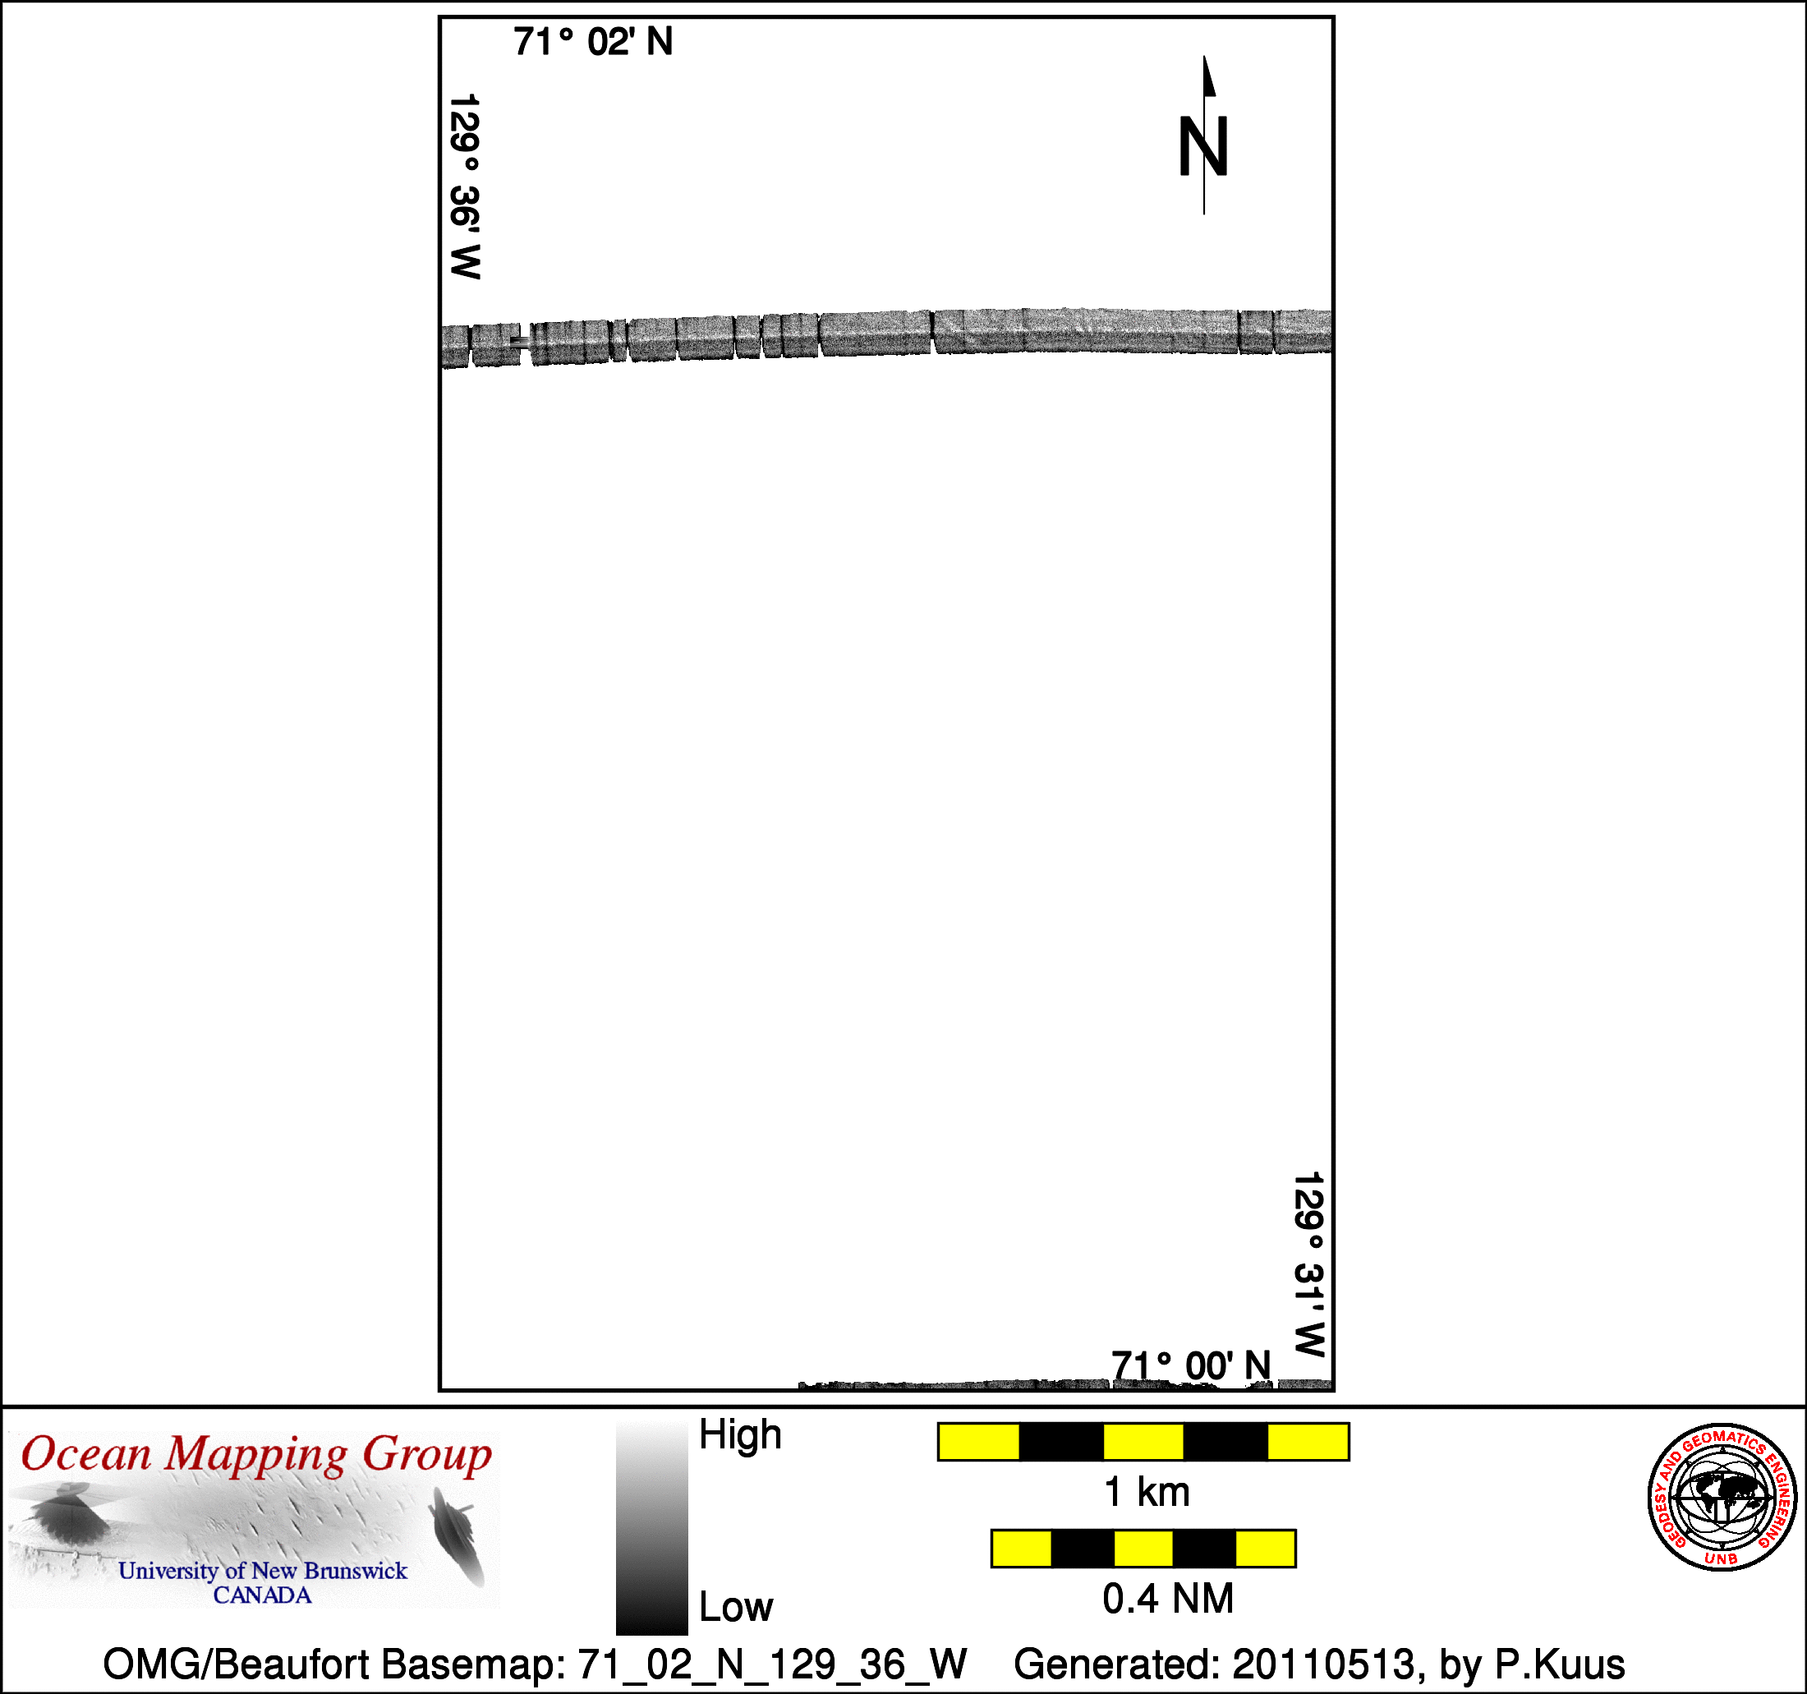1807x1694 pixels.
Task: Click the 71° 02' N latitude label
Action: (x=593, y=42)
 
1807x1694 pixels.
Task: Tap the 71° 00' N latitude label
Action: (x=1191, y=1365)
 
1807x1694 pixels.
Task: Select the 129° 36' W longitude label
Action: (x=466, y=186)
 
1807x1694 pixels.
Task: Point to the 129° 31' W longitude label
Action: (x=1309, y=1264)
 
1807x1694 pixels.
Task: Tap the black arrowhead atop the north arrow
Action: (x=1209, y=76)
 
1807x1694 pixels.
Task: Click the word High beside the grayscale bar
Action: (x=740, y=1435)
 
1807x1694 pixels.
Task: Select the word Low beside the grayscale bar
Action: (x=735, y=1608)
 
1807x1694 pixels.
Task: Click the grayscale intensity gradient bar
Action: (x=651, y=1529)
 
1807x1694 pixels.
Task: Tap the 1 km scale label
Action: (x=1146, y=1492)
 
